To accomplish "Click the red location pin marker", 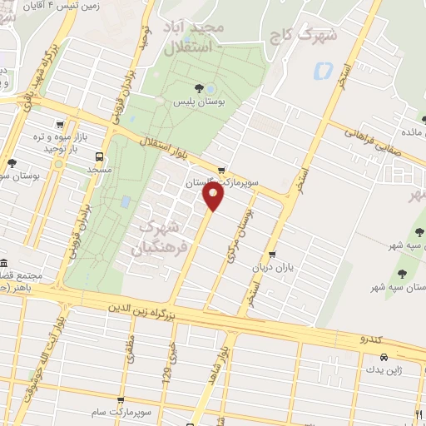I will [x=214, y=196].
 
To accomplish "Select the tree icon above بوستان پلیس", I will [x=198, y=88].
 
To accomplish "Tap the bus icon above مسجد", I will [x=101, y=156].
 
